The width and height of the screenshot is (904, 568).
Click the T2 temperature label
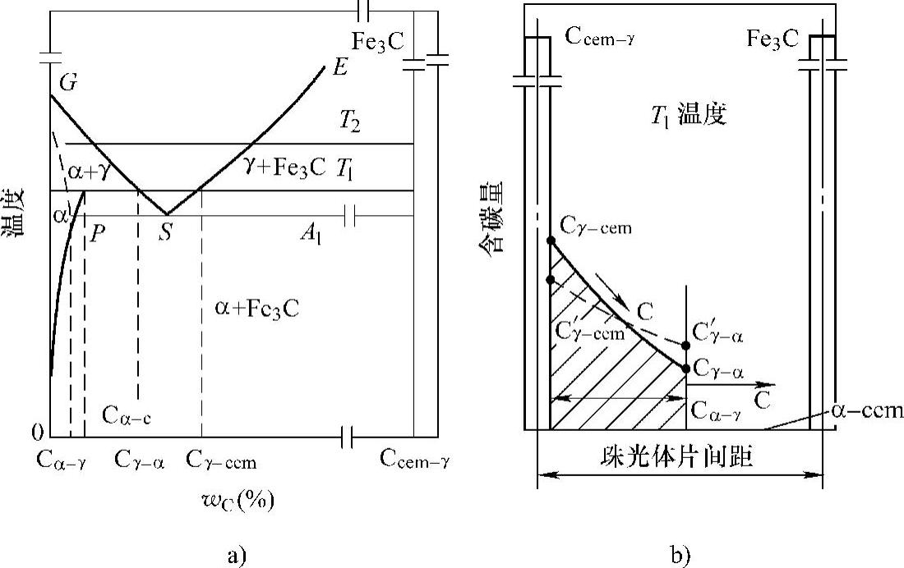[x=351, y=122]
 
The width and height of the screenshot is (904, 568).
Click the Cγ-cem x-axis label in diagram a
[x=220, y=462]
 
